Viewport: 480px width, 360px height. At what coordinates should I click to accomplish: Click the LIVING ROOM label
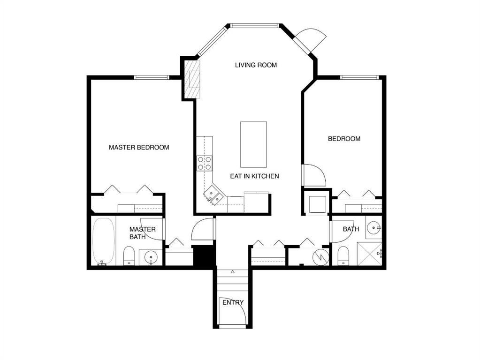[256, 65]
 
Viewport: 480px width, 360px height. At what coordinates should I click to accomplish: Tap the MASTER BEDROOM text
[139, 147]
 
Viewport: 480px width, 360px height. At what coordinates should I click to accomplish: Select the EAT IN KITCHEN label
[254, 176]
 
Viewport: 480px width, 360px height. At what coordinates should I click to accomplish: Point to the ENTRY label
[233, 302]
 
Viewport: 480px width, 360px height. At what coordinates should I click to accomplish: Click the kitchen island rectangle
[253, 144]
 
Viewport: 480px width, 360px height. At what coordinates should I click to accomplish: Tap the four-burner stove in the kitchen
[204, 163]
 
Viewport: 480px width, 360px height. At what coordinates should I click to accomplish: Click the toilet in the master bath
[129, 256]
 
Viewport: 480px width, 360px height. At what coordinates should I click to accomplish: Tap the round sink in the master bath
[151, 257]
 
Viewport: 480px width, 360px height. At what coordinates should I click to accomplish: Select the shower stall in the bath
[369, 254]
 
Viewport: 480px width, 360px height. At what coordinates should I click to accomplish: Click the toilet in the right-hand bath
[343, 255]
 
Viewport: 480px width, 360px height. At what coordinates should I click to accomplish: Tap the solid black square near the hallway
[204, 256]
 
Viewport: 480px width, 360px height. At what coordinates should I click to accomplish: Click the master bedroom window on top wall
[152, 77]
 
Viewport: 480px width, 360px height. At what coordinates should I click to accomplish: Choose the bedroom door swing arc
[313, 175]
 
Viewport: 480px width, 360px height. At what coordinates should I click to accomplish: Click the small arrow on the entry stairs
[233, 271]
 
